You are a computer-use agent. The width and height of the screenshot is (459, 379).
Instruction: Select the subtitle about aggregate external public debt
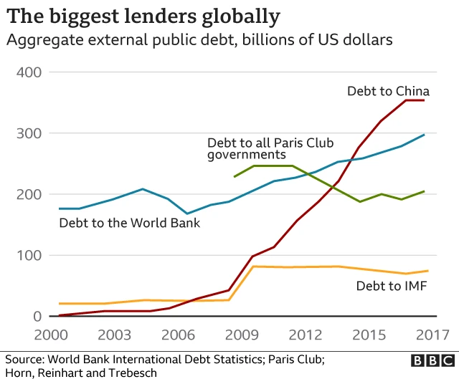tap(199, 40)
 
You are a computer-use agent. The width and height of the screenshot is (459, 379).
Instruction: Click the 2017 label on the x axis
tap(430, 335)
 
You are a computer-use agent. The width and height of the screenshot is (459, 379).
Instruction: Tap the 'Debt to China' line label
tap(388, 91)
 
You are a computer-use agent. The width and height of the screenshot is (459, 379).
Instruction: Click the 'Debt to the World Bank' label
tap(129, 223)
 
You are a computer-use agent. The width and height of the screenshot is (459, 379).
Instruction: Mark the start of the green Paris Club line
tap(235, 176)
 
